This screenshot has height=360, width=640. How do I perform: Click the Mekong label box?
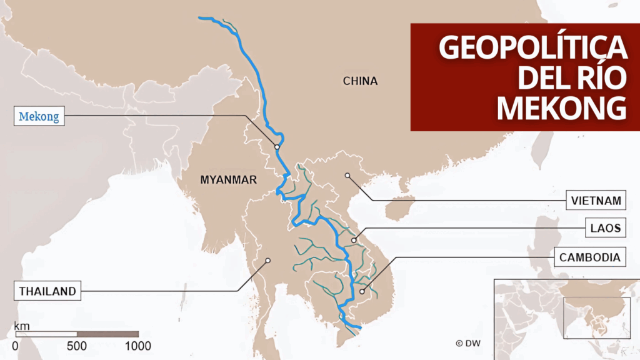pos(39,116)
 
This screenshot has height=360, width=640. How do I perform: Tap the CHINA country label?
pos(360,81)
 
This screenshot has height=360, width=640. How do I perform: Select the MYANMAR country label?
pos(228,180)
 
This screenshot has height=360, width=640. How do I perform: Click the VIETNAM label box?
pos(596,201)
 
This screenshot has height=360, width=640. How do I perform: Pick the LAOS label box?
pos(604,228)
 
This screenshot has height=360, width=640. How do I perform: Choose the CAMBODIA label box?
pos(589,257)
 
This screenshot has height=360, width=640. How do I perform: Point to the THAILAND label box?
pos(47,291)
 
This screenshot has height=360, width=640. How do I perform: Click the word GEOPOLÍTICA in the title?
pos(532,47)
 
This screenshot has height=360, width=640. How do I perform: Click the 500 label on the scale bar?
pos(77,346)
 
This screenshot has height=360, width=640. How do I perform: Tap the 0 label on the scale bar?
pos(15,346)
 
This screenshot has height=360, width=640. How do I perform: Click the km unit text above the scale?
pos(22,326)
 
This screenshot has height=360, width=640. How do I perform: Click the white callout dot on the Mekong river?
pos(276,147)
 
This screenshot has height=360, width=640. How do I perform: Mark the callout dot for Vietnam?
pos(347,175)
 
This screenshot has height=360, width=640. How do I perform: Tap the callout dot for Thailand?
pos(267,261)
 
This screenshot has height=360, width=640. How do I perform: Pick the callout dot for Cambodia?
pos(362,291)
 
